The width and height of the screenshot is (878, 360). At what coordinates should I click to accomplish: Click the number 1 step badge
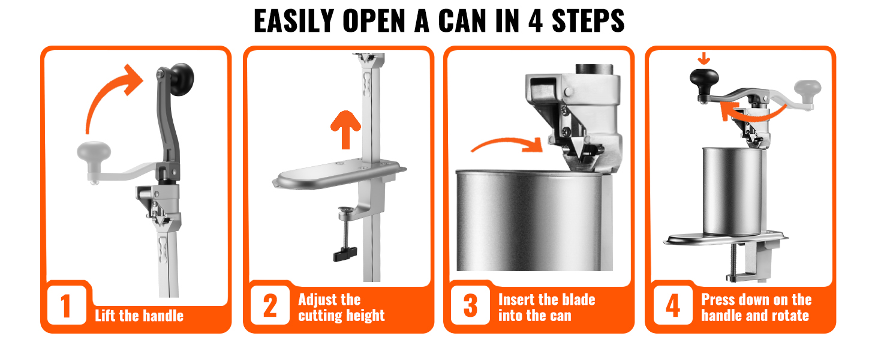67,305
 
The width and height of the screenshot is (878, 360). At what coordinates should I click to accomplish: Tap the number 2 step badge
270,305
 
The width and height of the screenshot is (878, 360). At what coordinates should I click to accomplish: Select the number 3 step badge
470,305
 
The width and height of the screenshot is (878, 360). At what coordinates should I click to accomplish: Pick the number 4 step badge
673,305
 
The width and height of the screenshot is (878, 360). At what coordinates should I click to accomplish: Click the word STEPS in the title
588,21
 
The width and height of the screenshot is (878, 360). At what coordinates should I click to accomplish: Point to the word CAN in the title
462,21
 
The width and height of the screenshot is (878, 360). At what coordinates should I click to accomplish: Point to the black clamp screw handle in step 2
345,254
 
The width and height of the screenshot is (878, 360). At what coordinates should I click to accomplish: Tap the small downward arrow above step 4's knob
703,58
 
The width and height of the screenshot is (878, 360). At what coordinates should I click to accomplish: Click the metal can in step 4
733,191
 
